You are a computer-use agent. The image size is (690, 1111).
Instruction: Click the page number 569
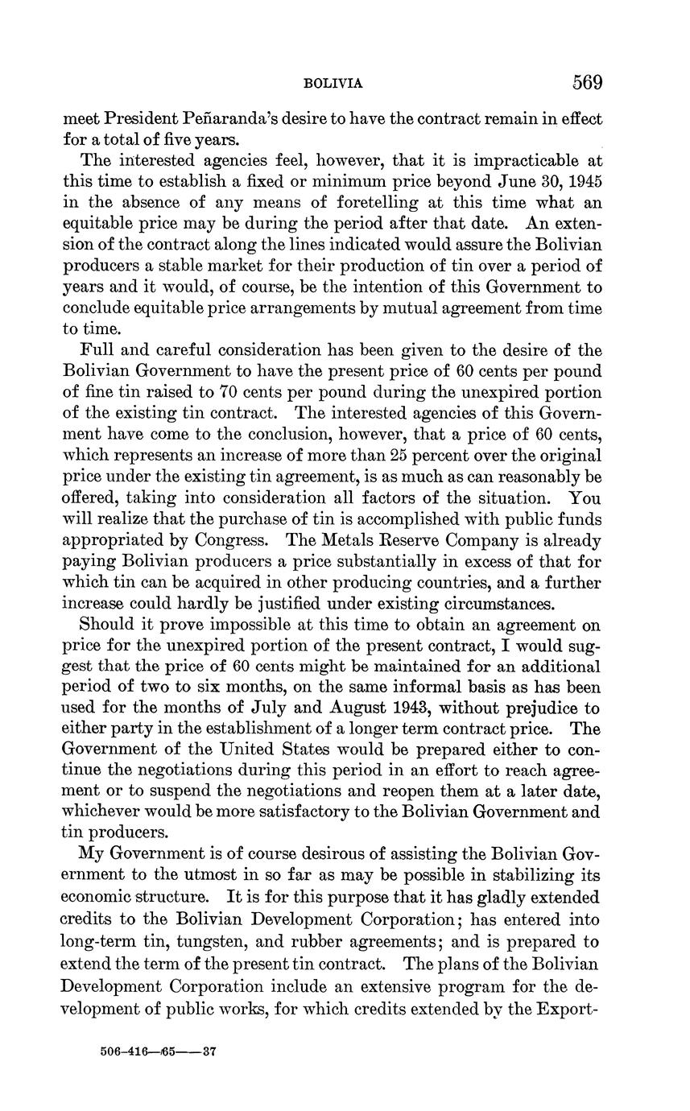[587, 82]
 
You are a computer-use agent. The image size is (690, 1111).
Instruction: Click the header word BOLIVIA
[333, 84]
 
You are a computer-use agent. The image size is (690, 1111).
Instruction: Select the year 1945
[582, 182]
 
